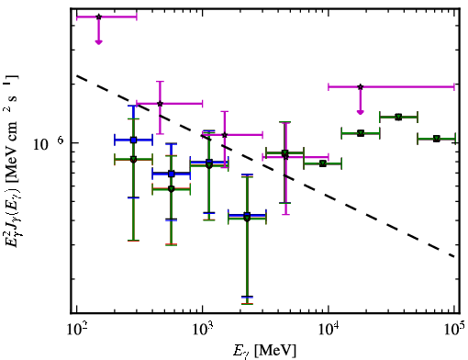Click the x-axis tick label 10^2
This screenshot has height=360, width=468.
coord(76,330)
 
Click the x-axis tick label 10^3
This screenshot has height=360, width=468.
coord(203,330)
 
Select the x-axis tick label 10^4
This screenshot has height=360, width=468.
coord(329,330)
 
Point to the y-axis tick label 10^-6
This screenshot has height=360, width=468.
coord(49,143)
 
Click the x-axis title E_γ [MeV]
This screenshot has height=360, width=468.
coord(264,351)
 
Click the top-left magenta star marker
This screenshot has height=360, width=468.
coord(98,17)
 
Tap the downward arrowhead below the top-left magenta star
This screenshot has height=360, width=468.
coord(98,42)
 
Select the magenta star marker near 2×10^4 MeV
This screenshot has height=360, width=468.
coord(361,87)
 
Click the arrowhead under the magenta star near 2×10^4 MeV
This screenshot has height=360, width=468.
coord(361,112)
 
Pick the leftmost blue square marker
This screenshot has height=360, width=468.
coord(133,141)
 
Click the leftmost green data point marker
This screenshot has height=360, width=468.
coord(133,160)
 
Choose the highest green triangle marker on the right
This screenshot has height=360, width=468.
coord(398,117)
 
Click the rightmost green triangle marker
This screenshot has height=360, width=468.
coord(437,139)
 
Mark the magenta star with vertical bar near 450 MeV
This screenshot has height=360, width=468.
coord(160,104)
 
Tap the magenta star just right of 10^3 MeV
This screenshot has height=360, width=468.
coord(225,135)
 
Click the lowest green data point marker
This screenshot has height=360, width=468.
coord(247,219)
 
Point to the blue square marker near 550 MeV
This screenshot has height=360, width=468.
coord(172,174)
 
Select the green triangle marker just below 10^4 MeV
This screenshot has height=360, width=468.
coord(323,163)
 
